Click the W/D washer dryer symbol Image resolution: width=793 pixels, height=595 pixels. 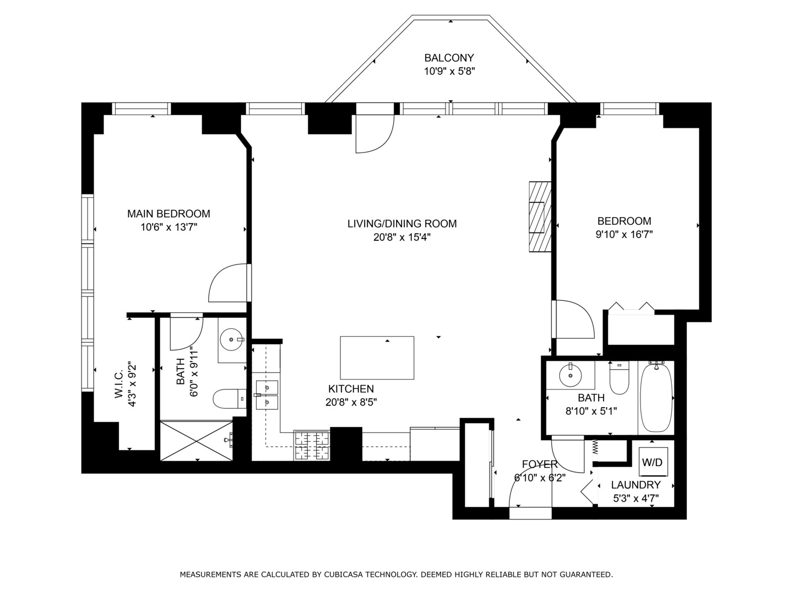(x=653, y=462)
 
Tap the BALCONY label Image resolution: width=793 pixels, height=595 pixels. (x=449, y=58)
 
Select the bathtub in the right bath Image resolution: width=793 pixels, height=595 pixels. (x=655, y=397)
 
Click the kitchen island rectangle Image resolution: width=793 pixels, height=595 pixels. (x=377, y=358)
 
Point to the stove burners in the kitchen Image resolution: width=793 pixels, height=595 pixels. (x=312, y=445)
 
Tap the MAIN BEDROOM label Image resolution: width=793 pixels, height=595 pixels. (x=169, y=214)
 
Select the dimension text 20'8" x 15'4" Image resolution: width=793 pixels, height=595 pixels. (x=401, y=237)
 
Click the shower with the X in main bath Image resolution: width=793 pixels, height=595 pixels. (x=196, y=440)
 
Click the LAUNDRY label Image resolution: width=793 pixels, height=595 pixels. (x=636, y=485)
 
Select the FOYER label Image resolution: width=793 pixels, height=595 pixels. (x=540, y=464)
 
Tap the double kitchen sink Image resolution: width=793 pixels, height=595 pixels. (x=267, y=395)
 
